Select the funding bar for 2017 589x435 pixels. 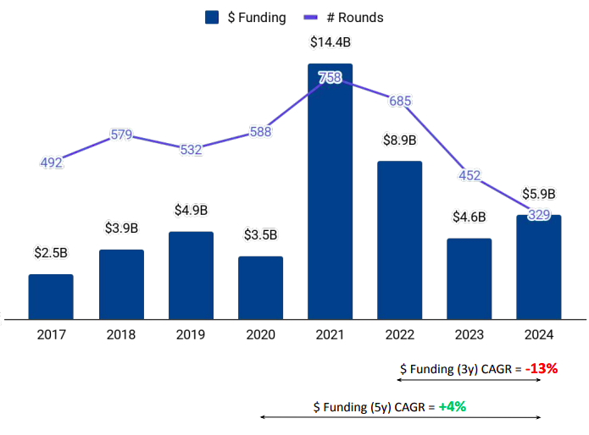coord(51,296)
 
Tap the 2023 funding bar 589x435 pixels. coord(470,278)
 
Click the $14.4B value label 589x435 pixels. coord(331,41)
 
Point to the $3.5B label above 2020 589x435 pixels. coord(260,234)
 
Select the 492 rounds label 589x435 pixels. coord(52,162)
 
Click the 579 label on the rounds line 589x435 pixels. coord(121,135)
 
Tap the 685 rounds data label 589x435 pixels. coord(400,101)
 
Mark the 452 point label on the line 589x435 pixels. coord(470,175)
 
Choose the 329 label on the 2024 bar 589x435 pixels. coord(539,215)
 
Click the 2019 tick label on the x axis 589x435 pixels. coord(191,334)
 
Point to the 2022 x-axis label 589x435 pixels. coord(400,334)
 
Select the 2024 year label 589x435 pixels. coord(539,334)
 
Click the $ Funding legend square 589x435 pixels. coord(213,17)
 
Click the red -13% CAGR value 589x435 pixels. coord(541,369)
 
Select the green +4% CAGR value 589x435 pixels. coord(453,406)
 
